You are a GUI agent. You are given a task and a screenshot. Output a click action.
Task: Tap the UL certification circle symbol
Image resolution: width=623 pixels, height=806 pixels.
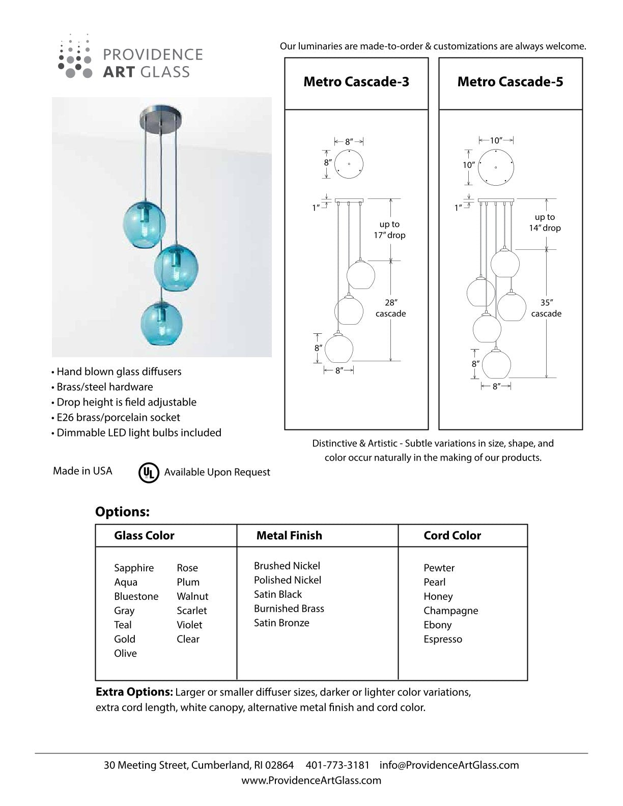tap(149, 472)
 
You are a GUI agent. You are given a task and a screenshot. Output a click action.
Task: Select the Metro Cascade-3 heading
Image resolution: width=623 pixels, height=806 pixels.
tap(356, 82)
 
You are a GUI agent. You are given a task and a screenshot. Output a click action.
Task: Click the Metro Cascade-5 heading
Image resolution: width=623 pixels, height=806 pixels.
tap(510, 82)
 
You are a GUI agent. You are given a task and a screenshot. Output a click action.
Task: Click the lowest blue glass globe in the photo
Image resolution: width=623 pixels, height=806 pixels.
tap(162, 322)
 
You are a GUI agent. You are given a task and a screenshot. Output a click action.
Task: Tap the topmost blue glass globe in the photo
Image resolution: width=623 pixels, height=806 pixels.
tap(146, 222)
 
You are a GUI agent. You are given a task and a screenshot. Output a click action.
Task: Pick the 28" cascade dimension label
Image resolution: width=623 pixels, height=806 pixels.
tap(391, 308)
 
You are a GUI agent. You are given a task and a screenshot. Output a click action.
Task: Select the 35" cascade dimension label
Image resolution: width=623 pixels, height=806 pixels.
tap(546, 308)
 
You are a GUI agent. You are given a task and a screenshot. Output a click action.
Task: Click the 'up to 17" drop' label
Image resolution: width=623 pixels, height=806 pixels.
tap(389, 229)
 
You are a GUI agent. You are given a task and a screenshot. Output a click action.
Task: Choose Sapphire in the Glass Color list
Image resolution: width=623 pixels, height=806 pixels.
tap(134, 568)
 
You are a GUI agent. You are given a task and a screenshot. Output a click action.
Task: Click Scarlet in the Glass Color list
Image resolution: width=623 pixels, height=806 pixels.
tap(192, 611)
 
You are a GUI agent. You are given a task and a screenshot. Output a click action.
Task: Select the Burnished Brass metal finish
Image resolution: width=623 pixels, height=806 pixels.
tap(289, 609)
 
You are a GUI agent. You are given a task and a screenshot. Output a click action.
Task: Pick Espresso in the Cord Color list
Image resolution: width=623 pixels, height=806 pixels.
tap(443, 639)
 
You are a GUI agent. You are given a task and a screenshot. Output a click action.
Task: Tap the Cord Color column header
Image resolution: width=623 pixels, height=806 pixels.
tap(452, 535)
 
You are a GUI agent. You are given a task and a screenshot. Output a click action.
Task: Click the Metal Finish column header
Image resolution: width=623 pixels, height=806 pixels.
tap(289, 535)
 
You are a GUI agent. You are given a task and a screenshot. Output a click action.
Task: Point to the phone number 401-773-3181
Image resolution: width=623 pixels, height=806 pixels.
tap(337, 765)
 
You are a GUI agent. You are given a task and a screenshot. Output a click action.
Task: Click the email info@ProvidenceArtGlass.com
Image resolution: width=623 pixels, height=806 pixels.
tap(449, 765)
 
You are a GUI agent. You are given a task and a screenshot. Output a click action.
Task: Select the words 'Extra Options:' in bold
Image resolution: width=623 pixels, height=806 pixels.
tap(134, 693)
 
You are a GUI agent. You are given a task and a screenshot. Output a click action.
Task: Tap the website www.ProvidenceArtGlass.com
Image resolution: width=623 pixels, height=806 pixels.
tap(311, 780)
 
